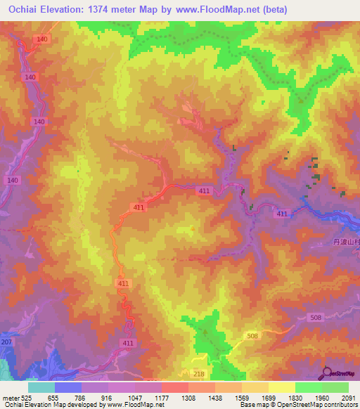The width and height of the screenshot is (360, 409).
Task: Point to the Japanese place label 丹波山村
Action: click(345, 242)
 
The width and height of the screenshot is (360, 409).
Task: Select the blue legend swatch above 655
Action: click(68, 387)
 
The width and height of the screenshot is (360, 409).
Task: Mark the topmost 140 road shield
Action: click(42, 39)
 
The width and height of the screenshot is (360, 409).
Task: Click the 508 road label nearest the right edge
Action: click(316, 318)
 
